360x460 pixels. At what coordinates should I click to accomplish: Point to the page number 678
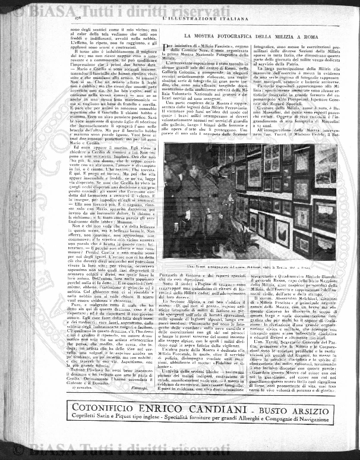pyautogui.click(x=75, y=21)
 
